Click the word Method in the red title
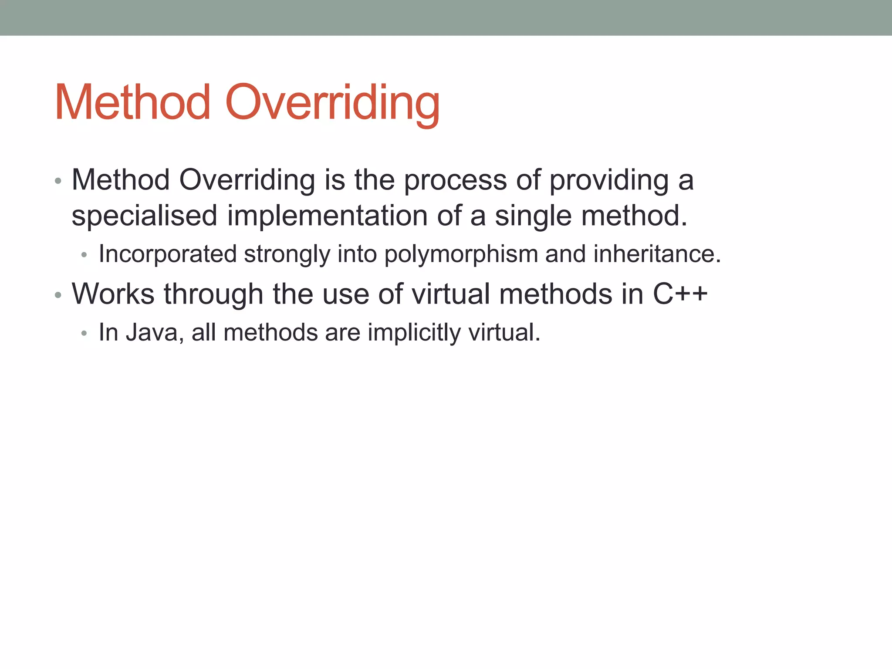[132, 103]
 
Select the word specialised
[144, 216]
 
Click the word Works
[113, 294]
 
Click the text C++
[680, 294]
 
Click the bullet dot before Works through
[58, 296]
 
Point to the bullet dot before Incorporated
[84, 255]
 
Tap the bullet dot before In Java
[84, 334]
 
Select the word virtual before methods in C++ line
[451, 294]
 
